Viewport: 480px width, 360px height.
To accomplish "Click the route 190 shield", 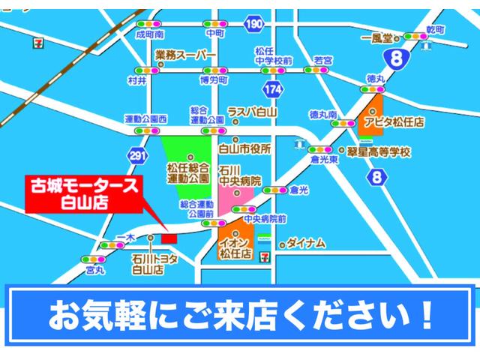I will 254,25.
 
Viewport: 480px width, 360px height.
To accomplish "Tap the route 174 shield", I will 274,88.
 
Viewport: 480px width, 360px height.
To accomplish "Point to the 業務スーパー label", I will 185,55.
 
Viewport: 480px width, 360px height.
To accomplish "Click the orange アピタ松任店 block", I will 371,115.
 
